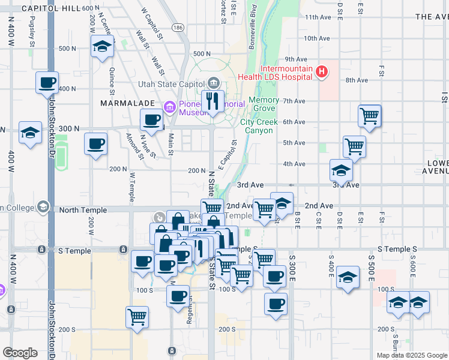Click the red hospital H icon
322,72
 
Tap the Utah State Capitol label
172,84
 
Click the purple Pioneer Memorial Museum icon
170,108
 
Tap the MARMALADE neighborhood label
124,103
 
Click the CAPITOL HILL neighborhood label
50,8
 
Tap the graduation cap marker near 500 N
103,46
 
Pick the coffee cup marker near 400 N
47,83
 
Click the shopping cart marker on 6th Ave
370,115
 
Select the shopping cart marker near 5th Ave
355,146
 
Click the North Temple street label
83,210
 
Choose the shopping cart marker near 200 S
137,316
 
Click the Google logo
20,353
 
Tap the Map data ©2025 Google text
411,355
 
